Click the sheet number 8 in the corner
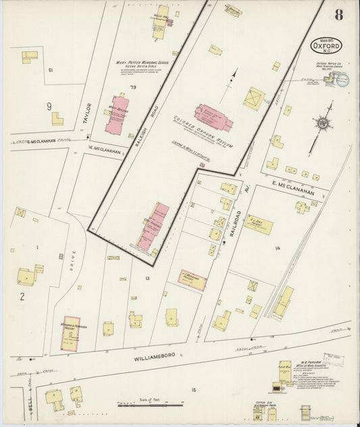click(x=337, y=15)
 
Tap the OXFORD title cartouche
click(x=326, y=45)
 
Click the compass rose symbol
click(x=323, y=123)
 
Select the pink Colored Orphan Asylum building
click(x=213, y=116)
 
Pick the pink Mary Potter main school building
click(x=116, y=114)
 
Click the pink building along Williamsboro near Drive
click(x=70, y=332)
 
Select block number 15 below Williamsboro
click(x=194, y=391)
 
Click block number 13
click(x=147, y=278)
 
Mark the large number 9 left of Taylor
click(x=49, y=106)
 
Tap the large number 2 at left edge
click(x=22, y=296)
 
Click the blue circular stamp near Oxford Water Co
click(x=342, y=80)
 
